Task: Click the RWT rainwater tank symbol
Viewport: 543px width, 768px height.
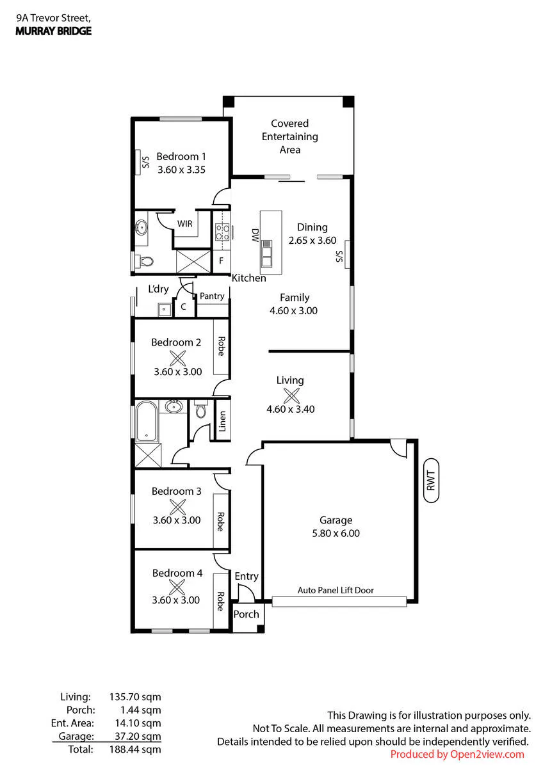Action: (x=431, y=481)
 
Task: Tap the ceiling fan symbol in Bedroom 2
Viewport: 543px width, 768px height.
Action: (x=177, y=358)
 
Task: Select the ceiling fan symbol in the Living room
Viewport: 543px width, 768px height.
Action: (x=291, y=396)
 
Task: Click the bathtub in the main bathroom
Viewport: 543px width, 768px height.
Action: (x=147, y=422)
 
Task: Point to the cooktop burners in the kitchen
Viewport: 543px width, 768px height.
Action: (x=222, y=232)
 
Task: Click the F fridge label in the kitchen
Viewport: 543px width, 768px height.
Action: (x=222, y=261)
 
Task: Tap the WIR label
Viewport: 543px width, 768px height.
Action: (x=185, y=224)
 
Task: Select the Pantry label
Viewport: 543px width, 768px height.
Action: (x=212, y=296)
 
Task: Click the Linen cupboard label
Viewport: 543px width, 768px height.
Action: (x=222, y=421)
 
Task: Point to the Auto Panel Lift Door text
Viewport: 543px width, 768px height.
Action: (x=336, y=590)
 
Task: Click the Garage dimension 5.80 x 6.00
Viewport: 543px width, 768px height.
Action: (x=336, y=533)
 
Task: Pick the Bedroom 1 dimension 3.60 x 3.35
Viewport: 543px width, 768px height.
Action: (x=181, y=170)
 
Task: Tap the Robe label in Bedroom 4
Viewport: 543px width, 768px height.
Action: (x=220, y=602)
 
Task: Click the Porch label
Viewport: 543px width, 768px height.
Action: (x=246, y=614)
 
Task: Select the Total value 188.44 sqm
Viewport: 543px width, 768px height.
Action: (x=135, y=749)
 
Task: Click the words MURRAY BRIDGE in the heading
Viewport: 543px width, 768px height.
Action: (x=54, y=31)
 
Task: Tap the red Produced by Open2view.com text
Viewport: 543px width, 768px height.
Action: (x=457, y=755)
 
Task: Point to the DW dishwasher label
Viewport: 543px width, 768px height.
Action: (x=255, y=236)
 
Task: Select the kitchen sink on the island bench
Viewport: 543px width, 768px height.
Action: (x=266, y=254)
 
